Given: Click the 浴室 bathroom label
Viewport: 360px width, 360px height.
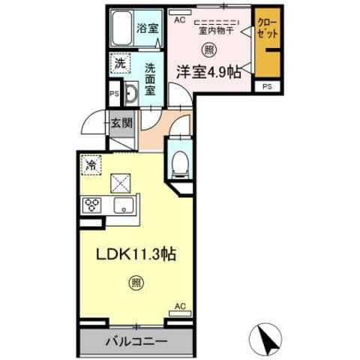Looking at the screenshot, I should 148,28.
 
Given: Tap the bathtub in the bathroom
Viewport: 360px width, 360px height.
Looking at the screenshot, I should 121,30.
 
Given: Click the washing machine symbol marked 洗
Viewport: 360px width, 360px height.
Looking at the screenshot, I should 119,64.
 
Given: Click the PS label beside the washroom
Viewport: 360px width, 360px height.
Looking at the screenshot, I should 114,94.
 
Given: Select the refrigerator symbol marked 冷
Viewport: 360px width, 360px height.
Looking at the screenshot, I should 91,163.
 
